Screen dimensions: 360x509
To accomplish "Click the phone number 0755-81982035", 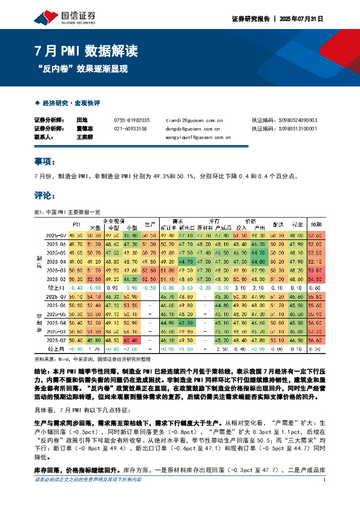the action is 131,120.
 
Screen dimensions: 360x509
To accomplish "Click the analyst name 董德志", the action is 84,129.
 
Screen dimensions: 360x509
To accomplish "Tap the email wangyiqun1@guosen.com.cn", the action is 198,137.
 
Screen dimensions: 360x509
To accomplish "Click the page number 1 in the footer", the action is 325,497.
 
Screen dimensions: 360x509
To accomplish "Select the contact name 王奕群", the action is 84,137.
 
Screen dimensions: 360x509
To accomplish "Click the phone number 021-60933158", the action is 130,129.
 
